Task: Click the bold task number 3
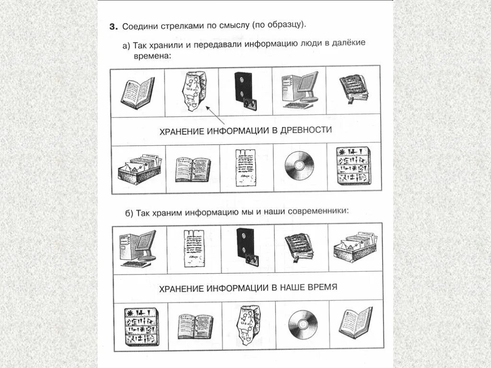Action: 113,27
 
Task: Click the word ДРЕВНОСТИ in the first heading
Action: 307,131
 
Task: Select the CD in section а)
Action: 299,166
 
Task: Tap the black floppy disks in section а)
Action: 245,89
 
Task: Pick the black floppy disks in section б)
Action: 247,246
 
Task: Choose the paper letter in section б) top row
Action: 194,247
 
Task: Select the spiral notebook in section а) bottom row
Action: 192,169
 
